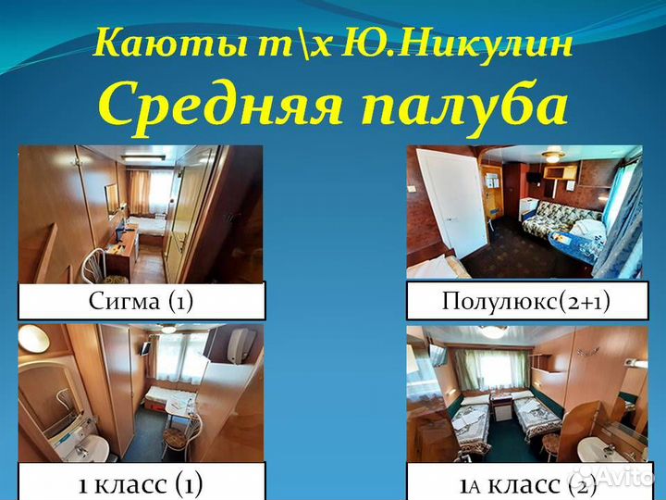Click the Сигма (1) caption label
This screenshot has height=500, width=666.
(x=141, y=301)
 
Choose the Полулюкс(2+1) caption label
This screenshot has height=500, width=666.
(x=525, y=301)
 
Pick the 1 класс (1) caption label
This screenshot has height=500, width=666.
(x=141, y=482)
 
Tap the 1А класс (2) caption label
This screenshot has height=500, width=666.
(x=525, y=482)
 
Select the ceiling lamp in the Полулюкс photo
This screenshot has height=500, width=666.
(x=552, y=156)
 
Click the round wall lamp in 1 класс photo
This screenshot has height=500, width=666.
(x=32, y=339)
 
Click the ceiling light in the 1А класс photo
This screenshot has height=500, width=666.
(x=492, y=331)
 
